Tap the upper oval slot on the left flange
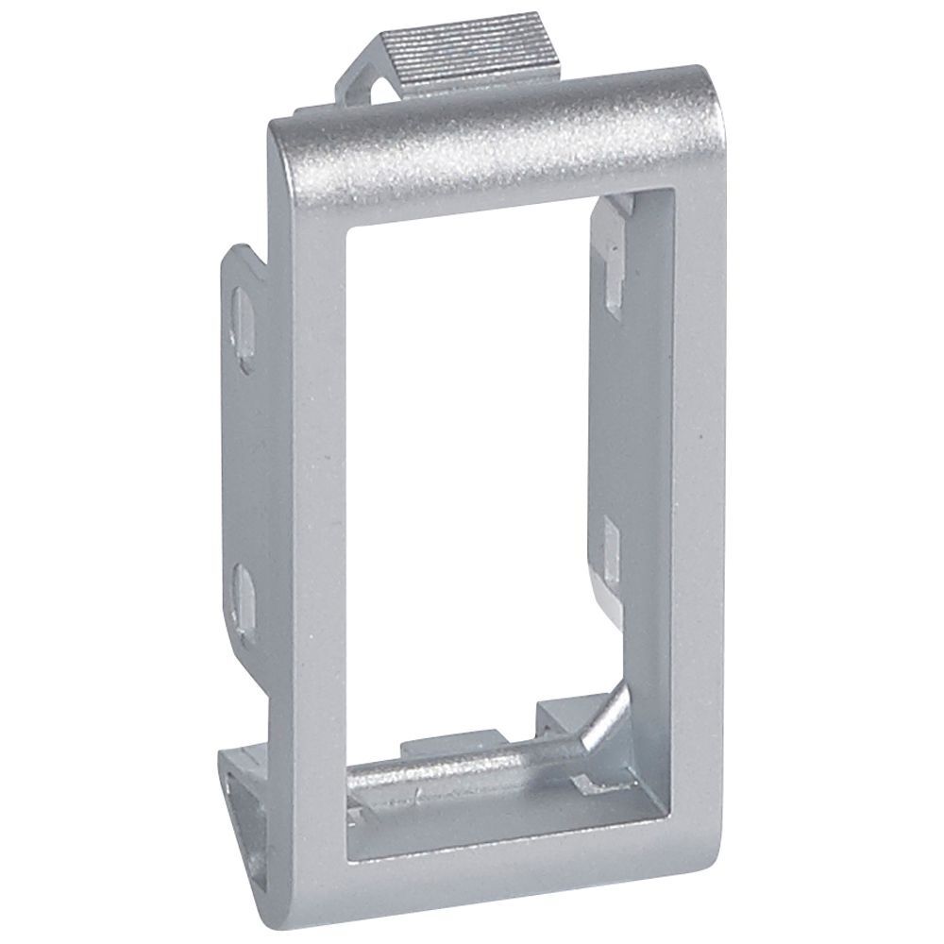tap(243, 321)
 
